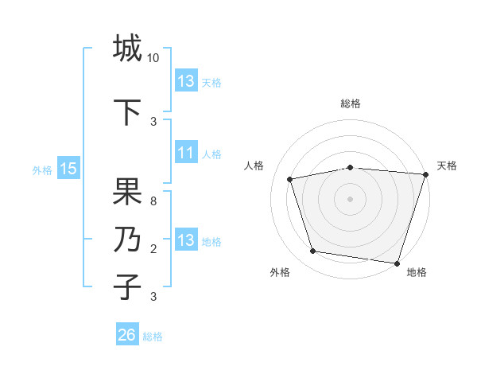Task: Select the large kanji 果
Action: tap(127, 192)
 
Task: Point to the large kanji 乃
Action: tap(127, 240)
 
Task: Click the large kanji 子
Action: tap(127, 286)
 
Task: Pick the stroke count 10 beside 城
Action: tap(153, 58)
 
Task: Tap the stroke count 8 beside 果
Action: tap(153, 201)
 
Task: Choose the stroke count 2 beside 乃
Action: tap(153, 249)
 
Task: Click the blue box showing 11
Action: tap(186, 154)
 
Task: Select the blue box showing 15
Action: tap(68, 169)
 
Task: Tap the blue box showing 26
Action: tap(126, 336)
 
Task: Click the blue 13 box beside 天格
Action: tap(186, 82)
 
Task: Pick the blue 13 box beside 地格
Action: tap(186, 241)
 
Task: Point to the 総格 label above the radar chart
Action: tap(351, 104)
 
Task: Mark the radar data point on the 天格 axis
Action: tap(425, 174)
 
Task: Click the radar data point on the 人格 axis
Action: tap(290, 179)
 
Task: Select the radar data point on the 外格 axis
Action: tap(313, 251)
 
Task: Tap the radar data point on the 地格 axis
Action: tap(397, 263)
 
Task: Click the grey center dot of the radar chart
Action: tap(351, 199)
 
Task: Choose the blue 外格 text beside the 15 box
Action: tap(42, 169)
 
